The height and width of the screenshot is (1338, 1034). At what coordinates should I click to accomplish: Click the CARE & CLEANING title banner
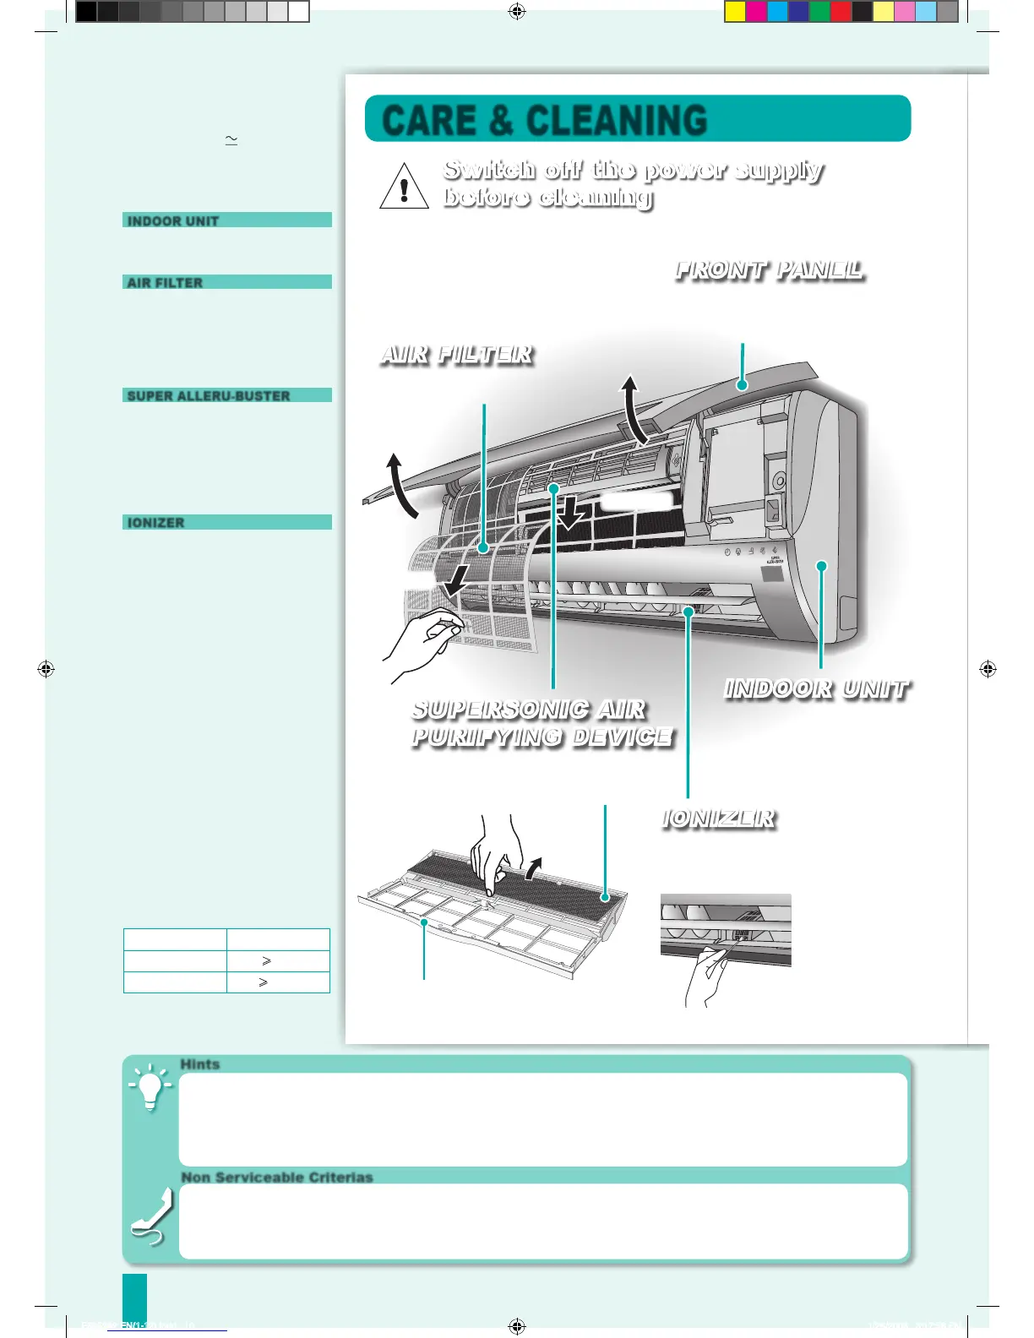(x=638, y=119)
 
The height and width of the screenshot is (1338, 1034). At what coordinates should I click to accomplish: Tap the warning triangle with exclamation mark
(x=404, y=187)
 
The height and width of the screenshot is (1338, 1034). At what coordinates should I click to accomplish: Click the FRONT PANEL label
(x=769, y=270)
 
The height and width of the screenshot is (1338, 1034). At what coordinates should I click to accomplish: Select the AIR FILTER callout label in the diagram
(x=457, y=355)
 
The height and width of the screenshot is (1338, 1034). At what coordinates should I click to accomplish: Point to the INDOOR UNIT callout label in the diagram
(x=816, y=689)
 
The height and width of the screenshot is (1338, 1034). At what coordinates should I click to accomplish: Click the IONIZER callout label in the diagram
(x=719, y=819)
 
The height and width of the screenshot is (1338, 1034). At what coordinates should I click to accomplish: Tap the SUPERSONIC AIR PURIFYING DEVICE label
(x=541, y=723)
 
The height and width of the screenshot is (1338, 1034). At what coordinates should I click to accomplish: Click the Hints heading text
(x=200, y=1064)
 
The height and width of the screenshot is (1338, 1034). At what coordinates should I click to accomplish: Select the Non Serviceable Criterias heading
(x=277, y=1177)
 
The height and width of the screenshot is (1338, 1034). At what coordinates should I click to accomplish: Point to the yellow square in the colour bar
(x=735, y=11)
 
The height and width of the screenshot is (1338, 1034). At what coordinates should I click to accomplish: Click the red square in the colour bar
(x=841, y=11)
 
